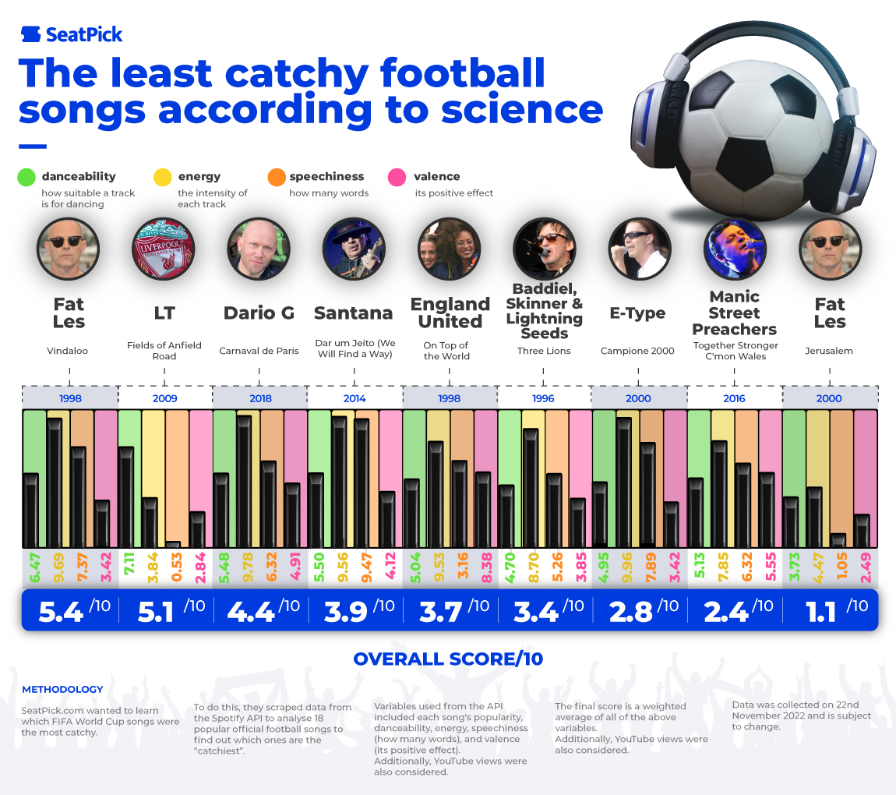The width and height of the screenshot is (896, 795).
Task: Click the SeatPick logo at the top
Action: pos(72,34)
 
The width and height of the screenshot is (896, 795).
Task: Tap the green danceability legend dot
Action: pos(27,177)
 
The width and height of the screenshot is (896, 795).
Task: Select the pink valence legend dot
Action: pos(399,177)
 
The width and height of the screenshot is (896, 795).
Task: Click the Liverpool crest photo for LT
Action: pos(164,249)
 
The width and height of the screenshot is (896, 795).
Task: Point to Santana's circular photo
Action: pos(354,249)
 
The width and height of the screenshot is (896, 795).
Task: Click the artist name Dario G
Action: pos(259,313)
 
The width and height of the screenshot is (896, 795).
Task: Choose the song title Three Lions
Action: pos(544,351)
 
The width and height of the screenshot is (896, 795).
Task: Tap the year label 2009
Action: pos(164,398)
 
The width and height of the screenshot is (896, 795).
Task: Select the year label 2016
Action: pos(734,398)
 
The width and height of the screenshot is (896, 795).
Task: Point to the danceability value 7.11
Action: pos(129,567)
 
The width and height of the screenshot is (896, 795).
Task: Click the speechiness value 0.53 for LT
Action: pos(177,567)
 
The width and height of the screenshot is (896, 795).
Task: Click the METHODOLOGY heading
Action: pos(62,690)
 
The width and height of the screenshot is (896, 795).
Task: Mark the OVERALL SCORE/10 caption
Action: pos(448,659)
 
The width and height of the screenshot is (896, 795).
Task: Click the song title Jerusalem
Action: pos(829,351)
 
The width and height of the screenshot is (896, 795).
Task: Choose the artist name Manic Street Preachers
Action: pos(734,313)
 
